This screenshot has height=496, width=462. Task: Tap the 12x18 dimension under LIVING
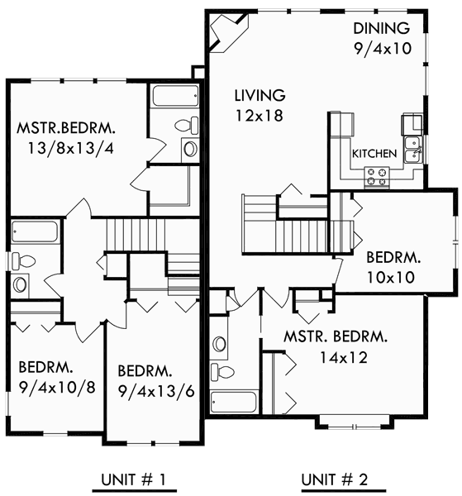(x=258, y=116)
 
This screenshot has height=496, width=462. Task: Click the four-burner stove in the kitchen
(x=376, y=175)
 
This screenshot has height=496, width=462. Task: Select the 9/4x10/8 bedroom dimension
(x=51, y=386)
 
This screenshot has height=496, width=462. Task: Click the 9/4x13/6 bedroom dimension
(x=154, y=392)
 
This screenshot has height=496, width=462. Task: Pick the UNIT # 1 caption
(x=136, y=479)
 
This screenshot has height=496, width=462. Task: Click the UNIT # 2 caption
(x=336, y=479)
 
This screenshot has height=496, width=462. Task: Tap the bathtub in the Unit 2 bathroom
(x=234, y=402)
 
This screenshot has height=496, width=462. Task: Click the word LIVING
(x=259, y=95)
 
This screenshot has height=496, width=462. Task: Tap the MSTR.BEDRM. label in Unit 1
(x=66, y=130)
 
